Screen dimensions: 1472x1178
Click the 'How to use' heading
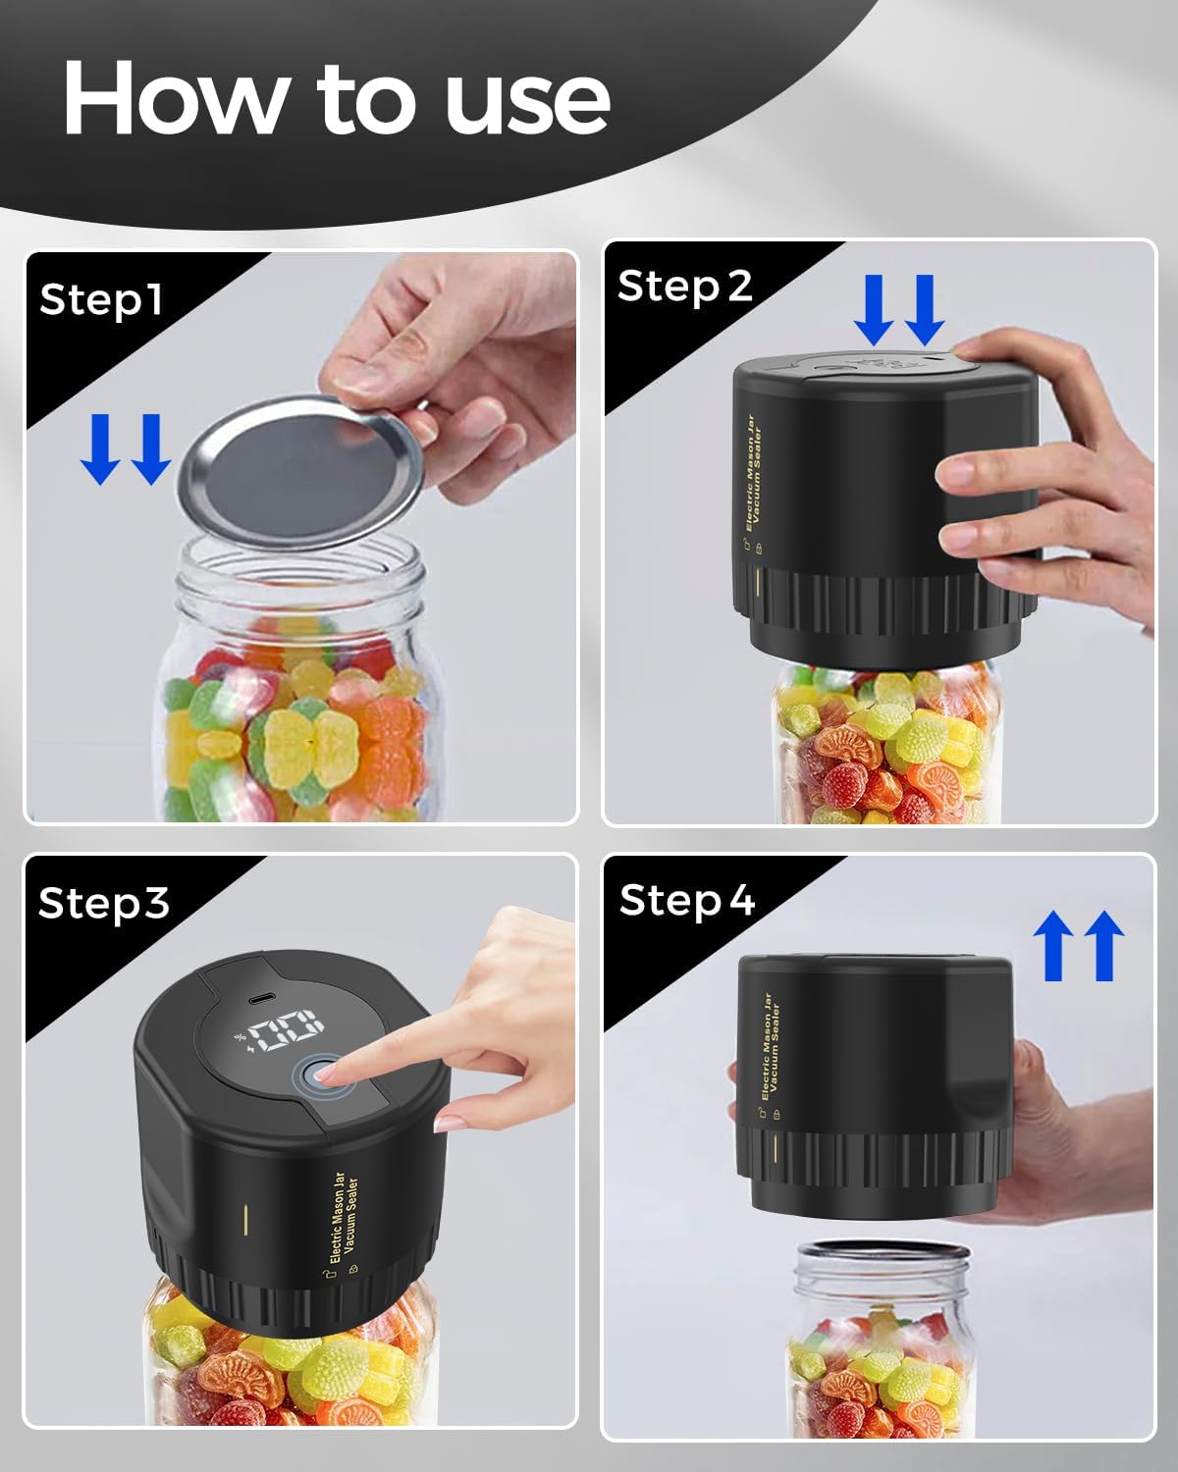337,98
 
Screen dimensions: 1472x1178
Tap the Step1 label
100,299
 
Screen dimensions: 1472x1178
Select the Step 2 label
684,287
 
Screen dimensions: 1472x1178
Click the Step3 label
103,903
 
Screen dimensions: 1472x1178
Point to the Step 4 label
686,900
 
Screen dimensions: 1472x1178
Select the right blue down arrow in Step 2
923,309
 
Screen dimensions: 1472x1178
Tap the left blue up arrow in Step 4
1053,945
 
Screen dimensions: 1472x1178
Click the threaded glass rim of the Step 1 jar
299,584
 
